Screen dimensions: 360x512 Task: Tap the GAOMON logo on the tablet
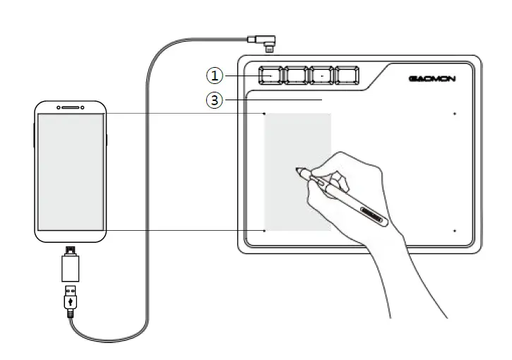click(x=431, y=78)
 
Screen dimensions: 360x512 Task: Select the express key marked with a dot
click(x=321, y=74)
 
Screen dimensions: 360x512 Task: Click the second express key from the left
click(x=296, y=74)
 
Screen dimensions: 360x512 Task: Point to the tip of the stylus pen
click(x=298, y=169)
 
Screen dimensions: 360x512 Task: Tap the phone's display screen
click(x=71, y=172)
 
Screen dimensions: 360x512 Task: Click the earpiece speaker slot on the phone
click(x=70, y=108)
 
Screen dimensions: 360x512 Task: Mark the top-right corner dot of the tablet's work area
click(x=455, y=113)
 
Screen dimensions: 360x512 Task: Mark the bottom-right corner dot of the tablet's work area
click(x=455, y=230)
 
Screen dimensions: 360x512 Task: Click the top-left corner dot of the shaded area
click(x=264, y=113)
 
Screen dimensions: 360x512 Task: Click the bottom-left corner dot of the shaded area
click(x=264, y=230)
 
